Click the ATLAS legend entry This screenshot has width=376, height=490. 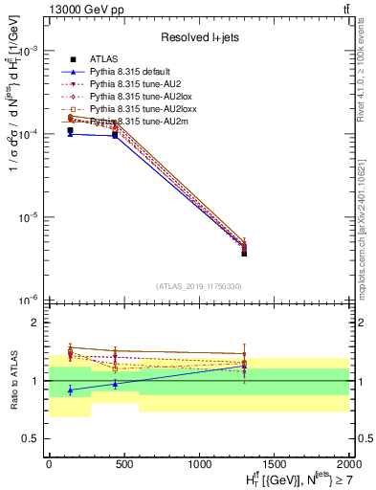[x=100, y=59]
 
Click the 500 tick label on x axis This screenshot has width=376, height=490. [x=123, y=464]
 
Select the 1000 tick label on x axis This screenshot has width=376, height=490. [x=199, y=464]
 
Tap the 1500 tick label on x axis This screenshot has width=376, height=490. [x=274, y=464]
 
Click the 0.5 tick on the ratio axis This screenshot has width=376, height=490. [x=33, y=438]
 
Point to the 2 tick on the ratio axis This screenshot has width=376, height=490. [x=37, y=323]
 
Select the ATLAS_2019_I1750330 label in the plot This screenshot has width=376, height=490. [x=198, y=286]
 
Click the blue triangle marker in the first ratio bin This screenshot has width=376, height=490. [x=70, y=390]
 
